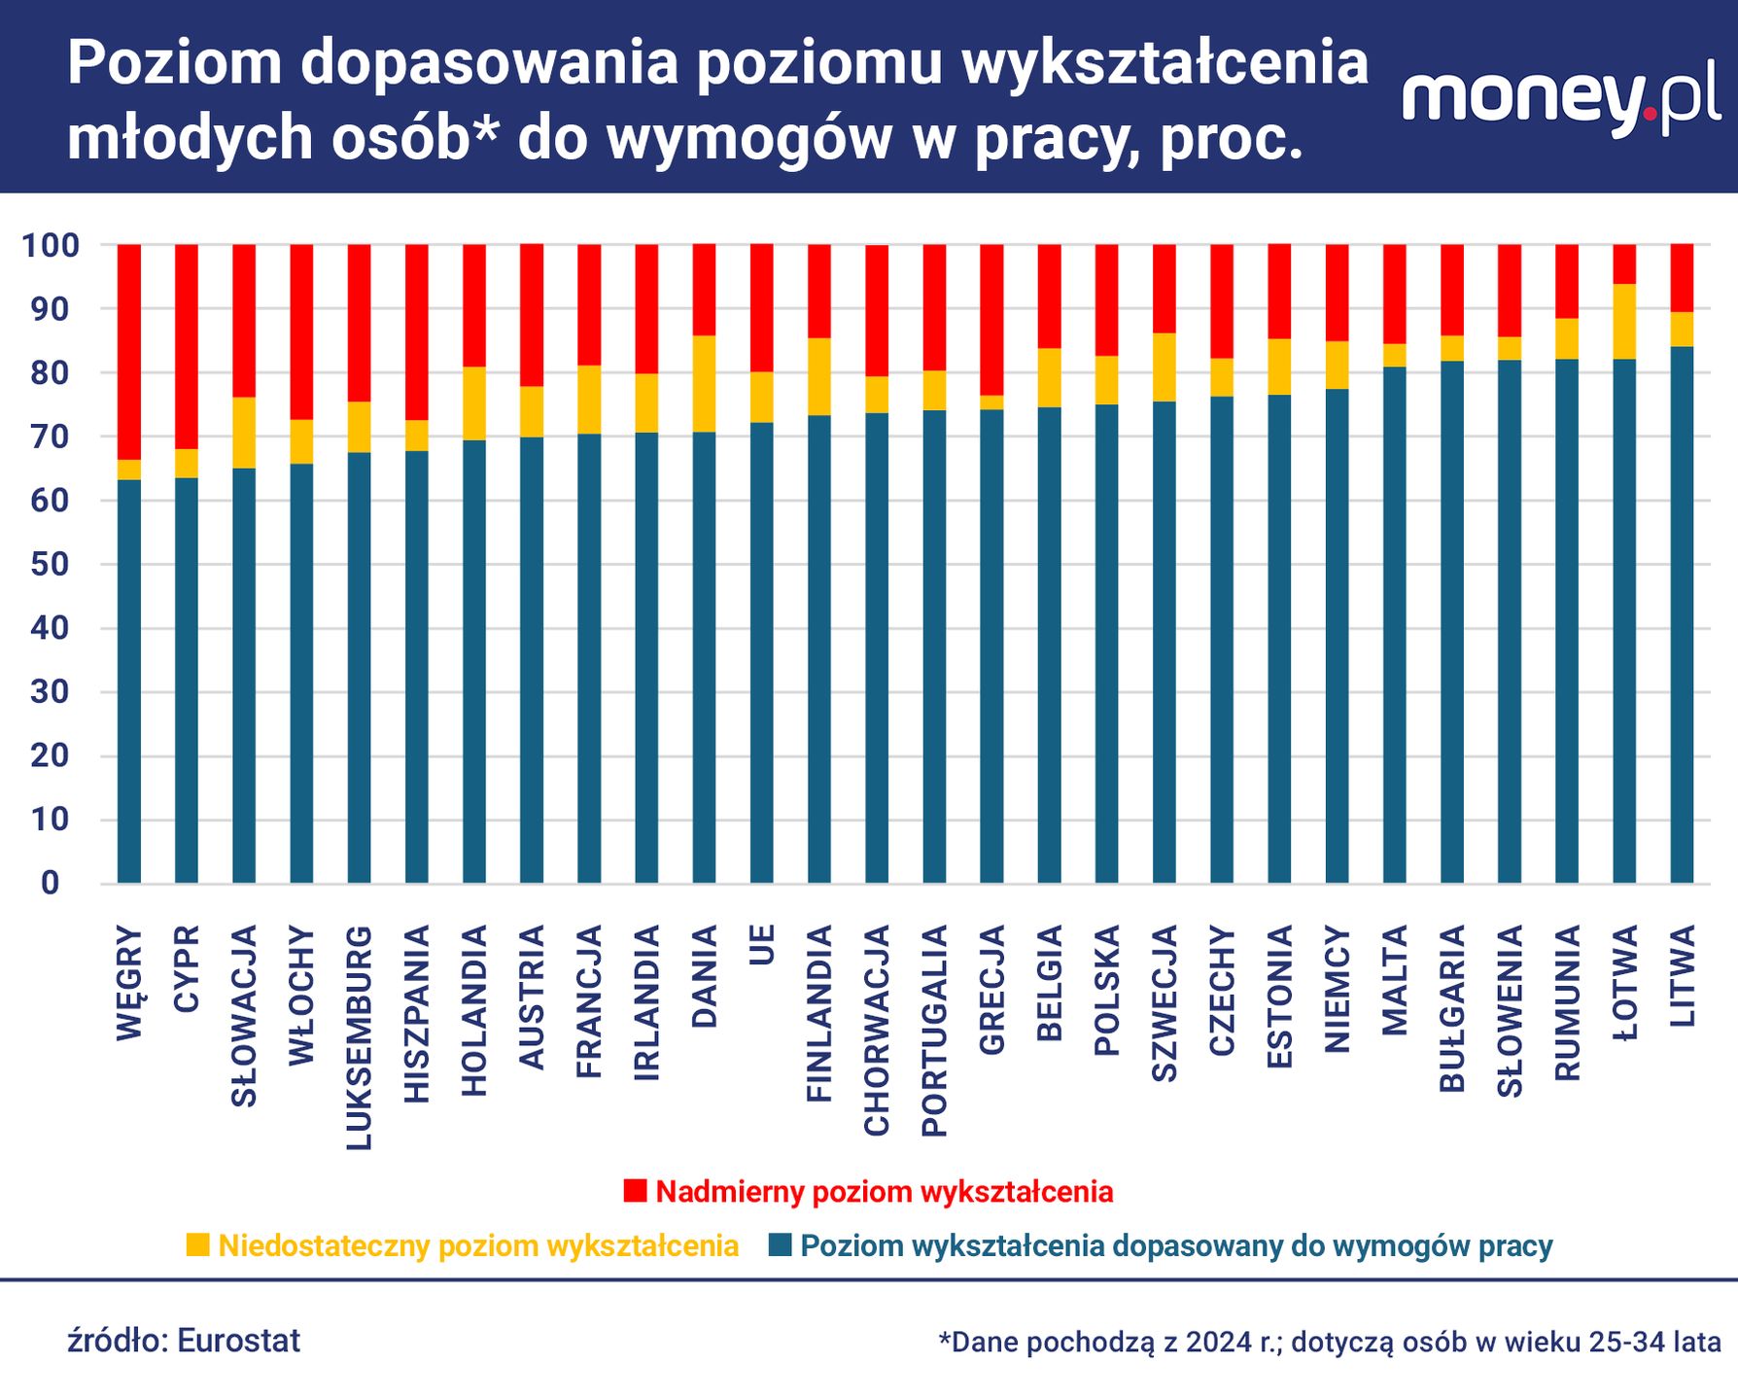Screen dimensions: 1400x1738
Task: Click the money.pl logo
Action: [1559, 101]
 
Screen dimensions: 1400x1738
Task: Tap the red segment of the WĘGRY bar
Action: [129, 351]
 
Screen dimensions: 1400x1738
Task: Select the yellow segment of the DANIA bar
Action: [704, 383]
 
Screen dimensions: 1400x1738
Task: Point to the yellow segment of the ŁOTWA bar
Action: [1624, 321]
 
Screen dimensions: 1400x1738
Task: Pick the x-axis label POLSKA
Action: [1107, 991]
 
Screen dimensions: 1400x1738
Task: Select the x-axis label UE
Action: [762, 944]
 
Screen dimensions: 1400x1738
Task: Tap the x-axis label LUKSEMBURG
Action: [360, 1037]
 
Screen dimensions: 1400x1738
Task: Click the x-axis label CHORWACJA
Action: [877, 1031]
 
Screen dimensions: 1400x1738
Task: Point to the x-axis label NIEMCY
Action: [1338, 989]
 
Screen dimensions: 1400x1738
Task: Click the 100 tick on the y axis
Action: [50, 245]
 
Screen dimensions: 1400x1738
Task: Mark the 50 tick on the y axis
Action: [50, 565]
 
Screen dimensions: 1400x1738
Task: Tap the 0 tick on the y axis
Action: [50, 883]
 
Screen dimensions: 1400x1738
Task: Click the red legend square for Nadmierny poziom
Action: [635, 1191]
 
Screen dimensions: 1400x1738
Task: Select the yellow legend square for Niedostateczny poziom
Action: [197, 1245]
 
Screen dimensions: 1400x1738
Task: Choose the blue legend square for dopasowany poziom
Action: [780, 1245]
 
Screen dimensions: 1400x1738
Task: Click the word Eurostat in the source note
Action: [239, 1341]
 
